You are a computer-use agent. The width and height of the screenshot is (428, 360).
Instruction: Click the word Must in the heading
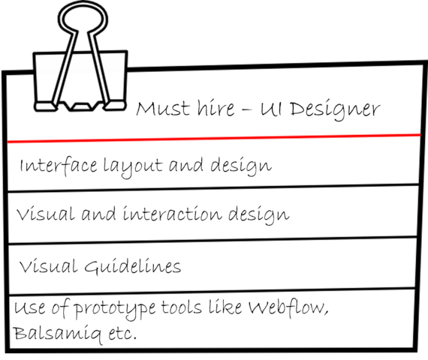point(163,108)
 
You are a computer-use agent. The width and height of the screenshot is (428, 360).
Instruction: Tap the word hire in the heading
point(216,107)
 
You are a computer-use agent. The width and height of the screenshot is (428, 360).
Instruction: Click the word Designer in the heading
point(335,110)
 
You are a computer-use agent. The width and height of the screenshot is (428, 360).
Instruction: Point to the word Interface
point(59,165)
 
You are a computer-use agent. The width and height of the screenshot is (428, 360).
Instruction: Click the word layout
point(133,167)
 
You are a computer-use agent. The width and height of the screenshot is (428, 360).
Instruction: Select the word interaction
point(173,213)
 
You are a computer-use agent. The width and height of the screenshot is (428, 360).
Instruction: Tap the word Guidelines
point(133,266)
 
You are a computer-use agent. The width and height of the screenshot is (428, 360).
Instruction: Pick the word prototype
point(115,309)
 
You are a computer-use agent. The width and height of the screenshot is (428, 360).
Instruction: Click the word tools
point(181,307)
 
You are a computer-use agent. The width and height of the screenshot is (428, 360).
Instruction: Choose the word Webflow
point(288,307)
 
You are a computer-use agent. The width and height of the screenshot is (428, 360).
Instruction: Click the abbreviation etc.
point(122,333)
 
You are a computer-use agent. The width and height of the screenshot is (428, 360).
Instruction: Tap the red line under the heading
point(214,138)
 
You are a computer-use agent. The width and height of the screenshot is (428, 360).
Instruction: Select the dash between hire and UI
point(246,109)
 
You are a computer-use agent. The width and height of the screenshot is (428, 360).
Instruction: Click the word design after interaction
point(259,215)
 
